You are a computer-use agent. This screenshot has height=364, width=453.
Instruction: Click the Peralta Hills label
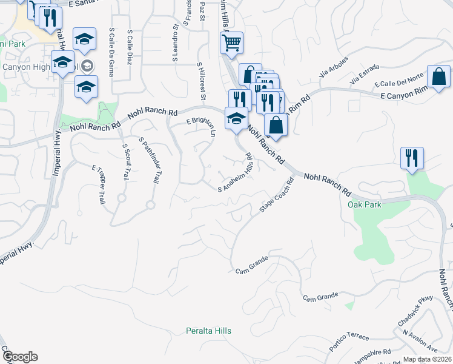208,331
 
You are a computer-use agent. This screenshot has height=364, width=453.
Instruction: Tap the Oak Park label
365,204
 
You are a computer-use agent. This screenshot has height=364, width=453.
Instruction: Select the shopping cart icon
231,43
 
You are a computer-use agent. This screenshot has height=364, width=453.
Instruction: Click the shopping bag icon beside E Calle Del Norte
438,77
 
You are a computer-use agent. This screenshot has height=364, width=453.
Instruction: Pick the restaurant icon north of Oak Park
411,158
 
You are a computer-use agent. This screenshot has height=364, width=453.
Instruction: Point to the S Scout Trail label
125,162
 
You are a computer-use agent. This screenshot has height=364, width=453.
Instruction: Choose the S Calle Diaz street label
130,47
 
